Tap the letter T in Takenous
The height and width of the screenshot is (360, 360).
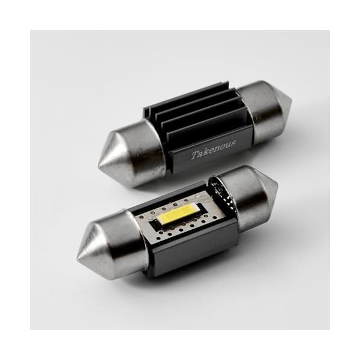click(x=194, y=155)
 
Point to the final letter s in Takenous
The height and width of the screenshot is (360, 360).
click(x=233, y=143)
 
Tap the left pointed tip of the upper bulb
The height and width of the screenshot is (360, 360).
click(x=100, y=151)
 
